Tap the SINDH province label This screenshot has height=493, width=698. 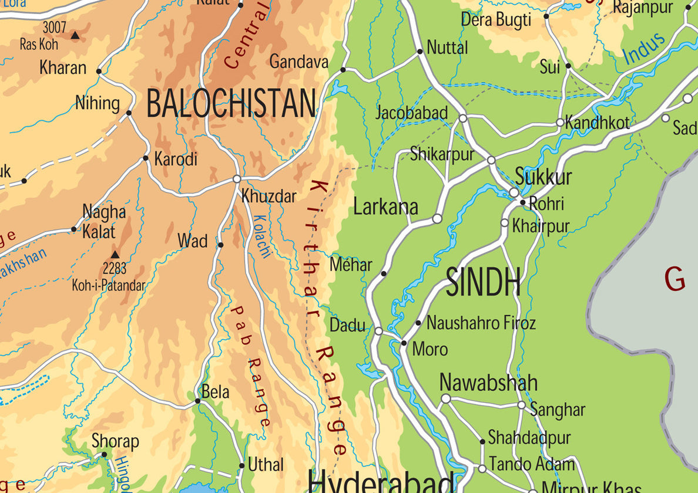tap(483, 282)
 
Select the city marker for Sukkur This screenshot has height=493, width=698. tap(514, 193)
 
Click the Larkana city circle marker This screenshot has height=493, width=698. tap(437, 219)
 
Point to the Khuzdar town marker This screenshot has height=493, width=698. tap(237, 178)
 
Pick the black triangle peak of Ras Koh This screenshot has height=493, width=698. tap(75, 36)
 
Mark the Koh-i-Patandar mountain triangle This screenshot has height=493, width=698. tap(115, 255)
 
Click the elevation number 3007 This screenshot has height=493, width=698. tap(54, 27)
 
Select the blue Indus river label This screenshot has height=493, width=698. tap(644, 48)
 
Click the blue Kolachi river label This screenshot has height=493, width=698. tap(262, 237)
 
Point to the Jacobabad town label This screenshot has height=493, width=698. tap(411, 113)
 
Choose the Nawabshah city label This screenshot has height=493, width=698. tap(488, 383)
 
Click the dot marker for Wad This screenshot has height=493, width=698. tap(220, 245)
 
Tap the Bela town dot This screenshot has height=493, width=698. tap(197, 401)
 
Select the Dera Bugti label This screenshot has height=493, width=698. tap(496, 19)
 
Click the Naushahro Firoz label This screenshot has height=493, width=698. tap(481, 323)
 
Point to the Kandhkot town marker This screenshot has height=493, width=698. tap(560, 123)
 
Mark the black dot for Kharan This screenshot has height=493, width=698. tap(99, 72)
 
